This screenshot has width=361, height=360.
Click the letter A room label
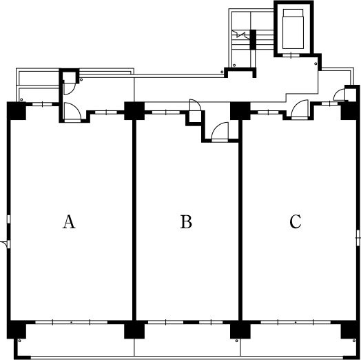tap(69, 221)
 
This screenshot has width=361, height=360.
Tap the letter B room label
tap(186, 221)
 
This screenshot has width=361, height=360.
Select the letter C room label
tap(295, 221)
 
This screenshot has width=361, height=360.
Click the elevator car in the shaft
tap(293, 29)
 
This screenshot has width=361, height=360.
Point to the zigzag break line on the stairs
tap(240, 34)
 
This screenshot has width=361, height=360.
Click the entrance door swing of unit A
tap(72, 111)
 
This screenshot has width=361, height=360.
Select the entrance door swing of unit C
tap(300, 108)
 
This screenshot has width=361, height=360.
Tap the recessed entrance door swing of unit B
tap(220, 130)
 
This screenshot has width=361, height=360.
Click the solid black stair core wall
tap(253, 39)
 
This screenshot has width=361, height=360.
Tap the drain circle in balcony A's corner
tap(19, 341)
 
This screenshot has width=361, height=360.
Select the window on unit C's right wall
tap(358, 238)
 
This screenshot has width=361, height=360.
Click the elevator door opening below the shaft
tap(291, 55)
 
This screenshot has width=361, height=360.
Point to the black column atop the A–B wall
tap(134, 111)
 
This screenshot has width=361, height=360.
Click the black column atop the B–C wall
tap(240, 111)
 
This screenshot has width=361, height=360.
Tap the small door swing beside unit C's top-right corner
tap(339, 94)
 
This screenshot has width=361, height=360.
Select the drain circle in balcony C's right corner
tap(354, 341)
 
